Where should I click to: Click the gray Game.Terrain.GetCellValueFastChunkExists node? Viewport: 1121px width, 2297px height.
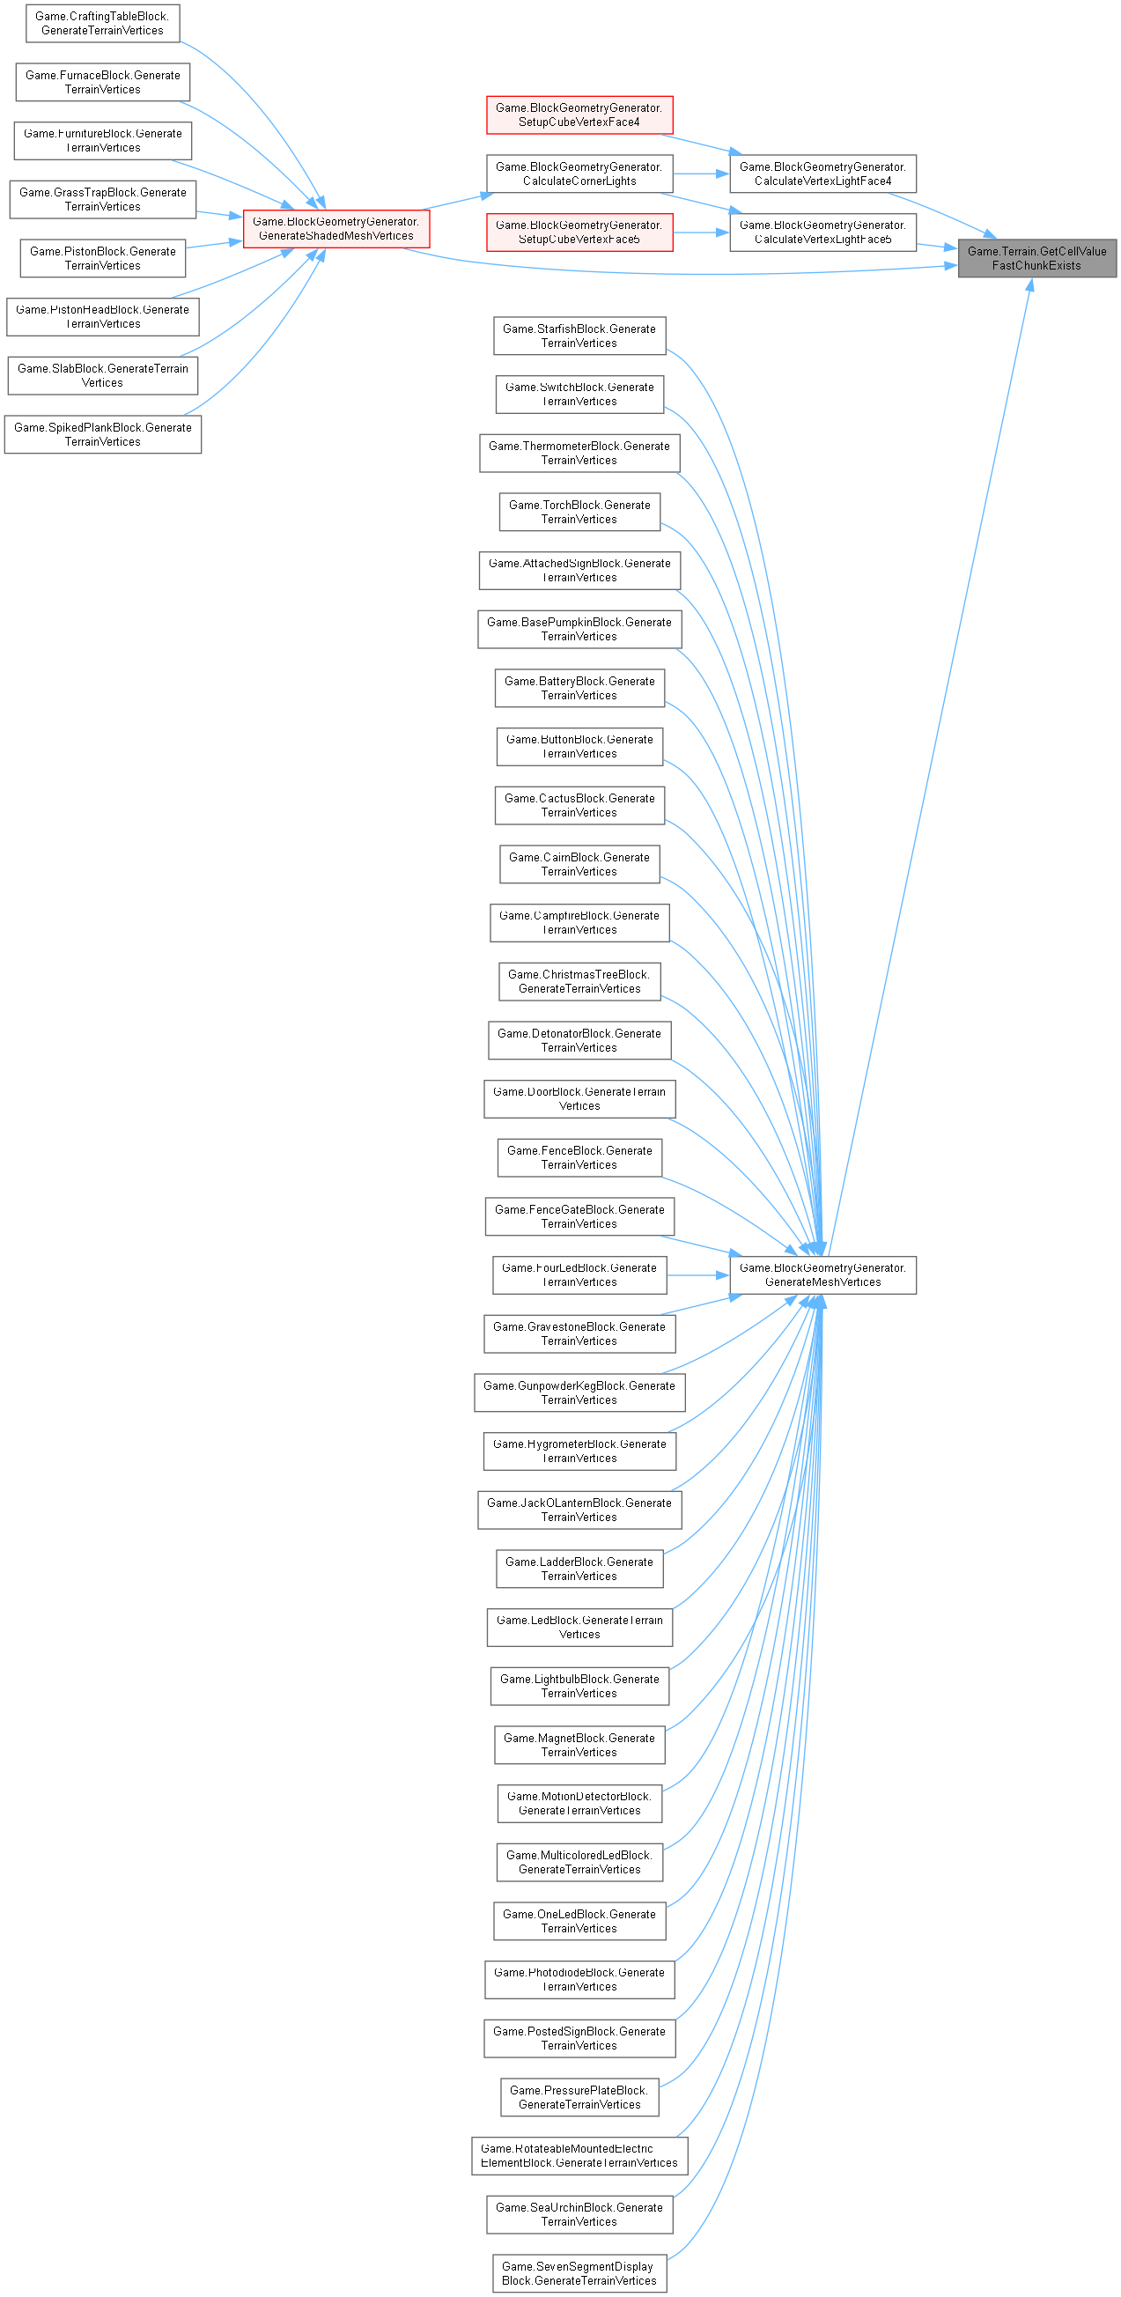[1036, 259]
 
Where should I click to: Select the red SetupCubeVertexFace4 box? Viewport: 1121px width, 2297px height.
[579, 115]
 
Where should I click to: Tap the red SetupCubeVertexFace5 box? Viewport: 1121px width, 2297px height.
[579, 233]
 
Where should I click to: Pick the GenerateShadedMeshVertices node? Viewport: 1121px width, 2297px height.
[336, 229]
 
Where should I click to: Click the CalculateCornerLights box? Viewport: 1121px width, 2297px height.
[579, 174]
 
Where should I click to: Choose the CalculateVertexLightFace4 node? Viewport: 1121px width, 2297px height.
[822, 174]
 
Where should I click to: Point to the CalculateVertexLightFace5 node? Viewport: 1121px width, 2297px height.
[822, 233]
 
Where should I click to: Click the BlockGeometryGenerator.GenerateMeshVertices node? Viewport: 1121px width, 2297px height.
[822, 1275]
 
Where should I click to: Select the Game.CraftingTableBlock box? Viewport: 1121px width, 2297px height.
[102, 23]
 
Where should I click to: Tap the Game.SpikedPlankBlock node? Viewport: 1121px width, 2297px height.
[102, 435]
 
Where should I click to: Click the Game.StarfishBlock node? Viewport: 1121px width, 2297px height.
[579, 336]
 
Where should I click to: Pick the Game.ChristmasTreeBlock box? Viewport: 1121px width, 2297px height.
[579, 982]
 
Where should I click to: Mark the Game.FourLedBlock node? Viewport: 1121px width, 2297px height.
[579, 1275]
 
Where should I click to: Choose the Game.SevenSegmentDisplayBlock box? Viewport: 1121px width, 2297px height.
[579, 2274]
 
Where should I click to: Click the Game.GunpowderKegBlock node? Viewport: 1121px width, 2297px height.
[579, 1392]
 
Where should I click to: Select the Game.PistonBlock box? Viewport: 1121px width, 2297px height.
[102, 259]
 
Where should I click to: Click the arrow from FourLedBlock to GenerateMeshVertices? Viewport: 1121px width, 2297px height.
[697, 1275]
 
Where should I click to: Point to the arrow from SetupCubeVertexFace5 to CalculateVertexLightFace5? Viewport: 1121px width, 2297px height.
[701, 233]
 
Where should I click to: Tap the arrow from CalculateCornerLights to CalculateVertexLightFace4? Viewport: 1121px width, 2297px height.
[701, 174]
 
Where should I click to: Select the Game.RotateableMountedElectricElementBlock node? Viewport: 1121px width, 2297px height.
[579, 2156]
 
